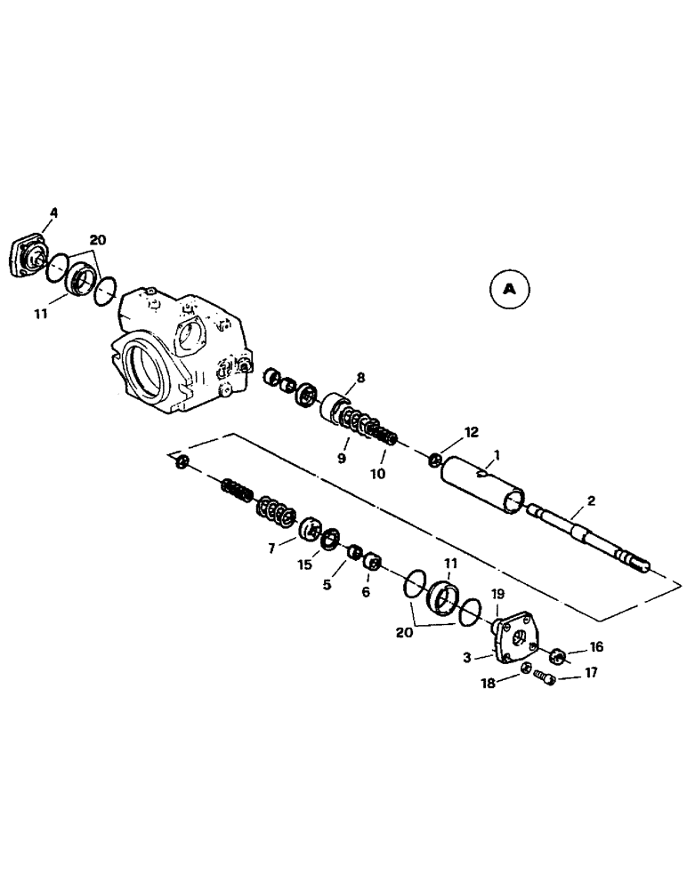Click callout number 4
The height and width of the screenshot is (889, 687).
tap(53, 212)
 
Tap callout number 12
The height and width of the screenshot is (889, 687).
tap(471, 432)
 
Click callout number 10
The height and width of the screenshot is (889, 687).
tap(378, 474)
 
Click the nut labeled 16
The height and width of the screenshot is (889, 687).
tap(559, 656)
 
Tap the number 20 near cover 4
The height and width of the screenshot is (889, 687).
tap(97, 239)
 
